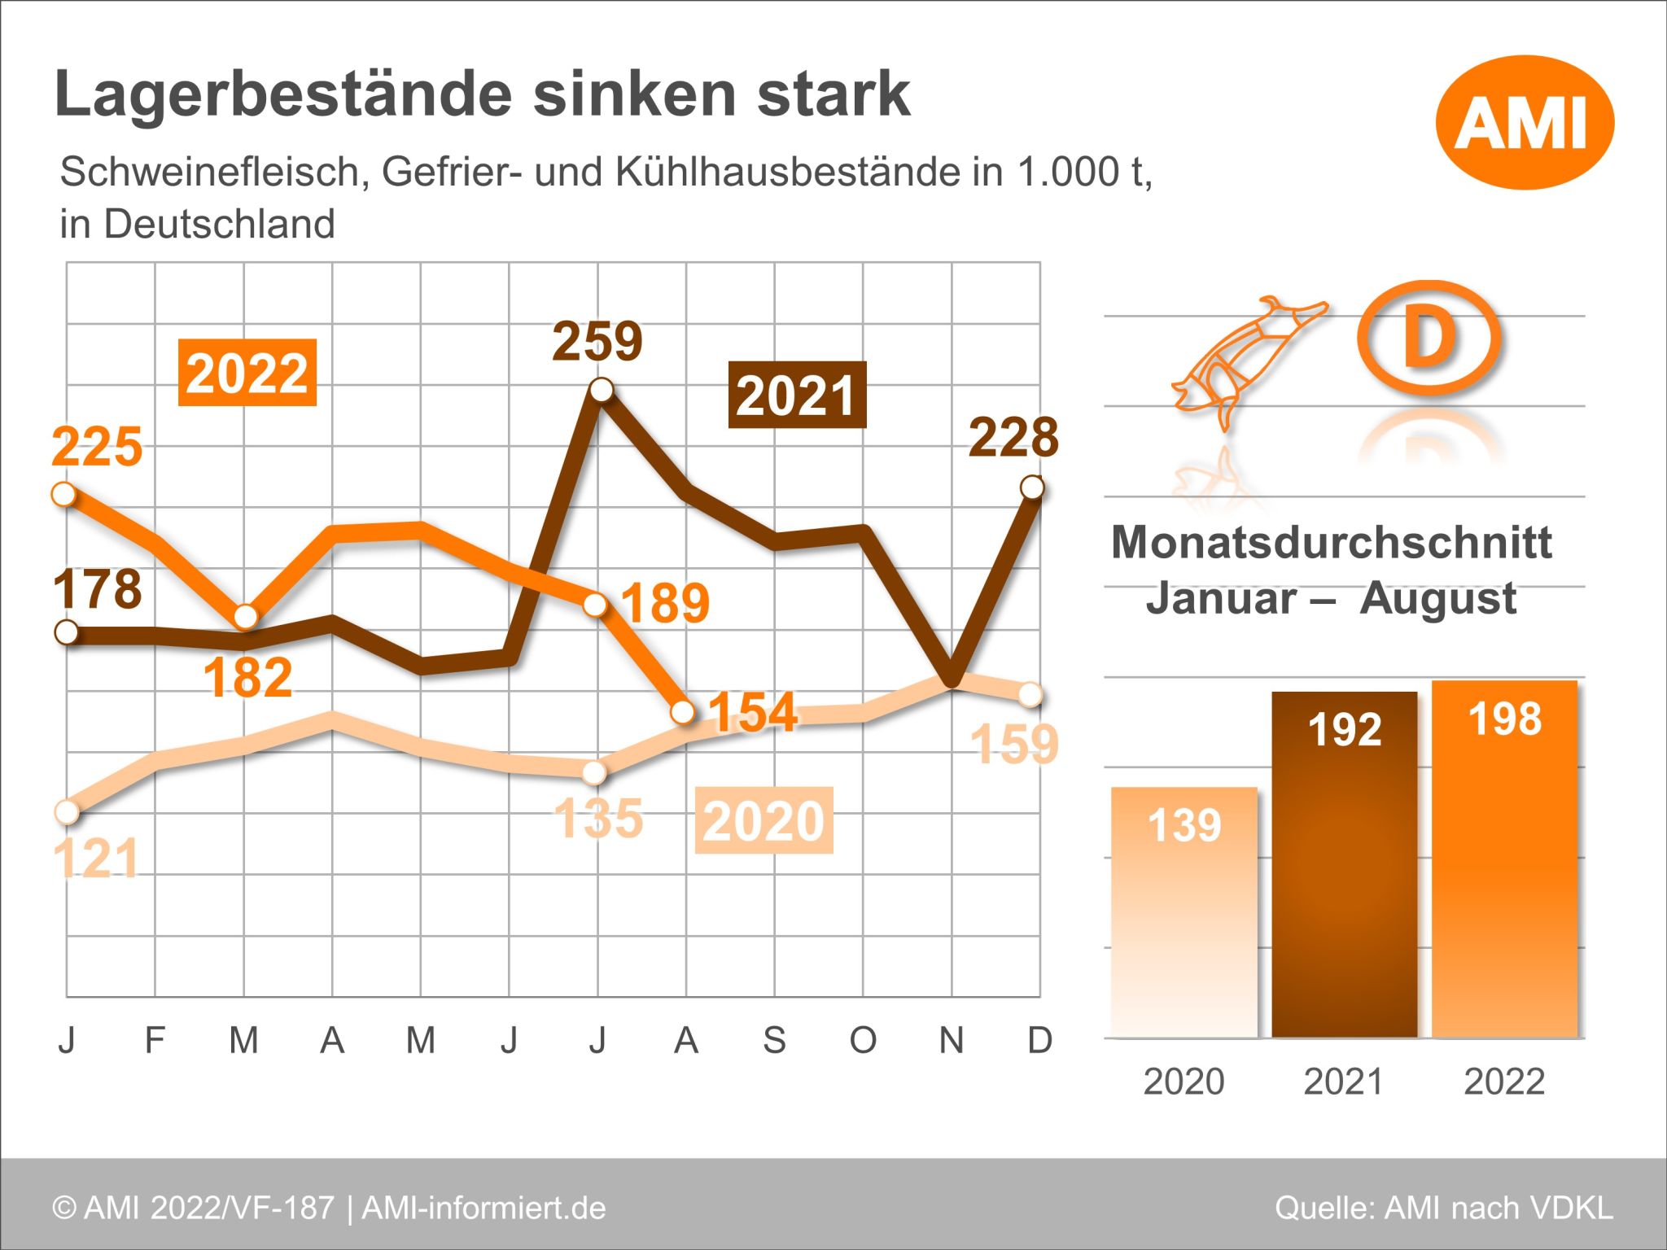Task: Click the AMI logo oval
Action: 1524,123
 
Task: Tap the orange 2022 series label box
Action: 247,373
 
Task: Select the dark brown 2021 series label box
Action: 796,396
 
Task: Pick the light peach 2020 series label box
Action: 763,820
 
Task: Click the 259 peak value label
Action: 597,341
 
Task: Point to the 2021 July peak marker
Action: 601,390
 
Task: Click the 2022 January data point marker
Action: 64,494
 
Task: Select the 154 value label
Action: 752,712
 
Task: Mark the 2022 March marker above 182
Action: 245,617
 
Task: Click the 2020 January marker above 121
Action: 67,811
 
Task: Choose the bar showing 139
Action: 1184,911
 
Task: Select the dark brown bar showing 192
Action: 1344,864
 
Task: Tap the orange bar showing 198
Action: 1504,859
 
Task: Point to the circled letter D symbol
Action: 1429,338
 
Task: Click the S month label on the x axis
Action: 774,1040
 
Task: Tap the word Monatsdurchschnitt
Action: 1331,542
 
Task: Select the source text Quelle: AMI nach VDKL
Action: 1443,1208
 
